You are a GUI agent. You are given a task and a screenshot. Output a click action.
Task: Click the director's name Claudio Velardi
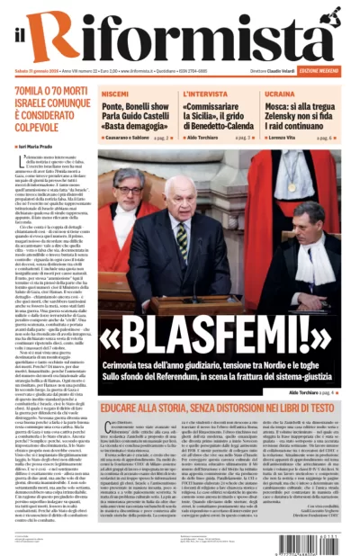tap(282, 71)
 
